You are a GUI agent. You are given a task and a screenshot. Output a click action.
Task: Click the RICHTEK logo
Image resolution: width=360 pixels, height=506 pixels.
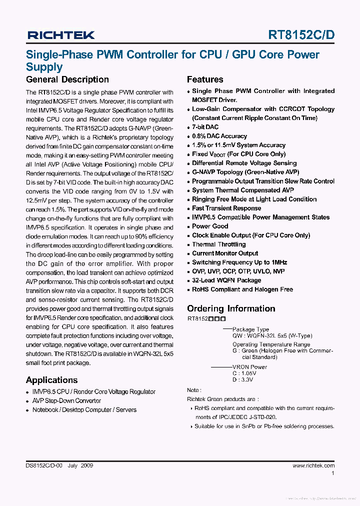coord(60,35)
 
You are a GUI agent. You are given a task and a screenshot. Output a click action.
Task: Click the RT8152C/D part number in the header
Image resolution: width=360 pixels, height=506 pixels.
coord(301,35)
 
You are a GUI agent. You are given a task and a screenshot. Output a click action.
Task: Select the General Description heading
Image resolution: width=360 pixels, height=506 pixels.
coord(67,79)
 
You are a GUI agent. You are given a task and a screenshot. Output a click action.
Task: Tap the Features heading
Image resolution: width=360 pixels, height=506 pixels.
coord(205,79)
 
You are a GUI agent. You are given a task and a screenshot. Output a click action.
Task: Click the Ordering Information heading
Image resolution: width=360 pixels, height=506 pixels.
coord(231,308)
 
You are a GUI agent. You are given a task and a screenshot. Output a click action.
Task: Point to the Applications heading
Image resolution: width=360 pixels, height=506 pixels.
coord(51,380)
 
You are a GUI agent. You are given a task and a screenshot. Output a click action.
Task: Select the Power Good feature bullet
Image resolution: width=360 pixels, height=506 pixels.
coord(210,226)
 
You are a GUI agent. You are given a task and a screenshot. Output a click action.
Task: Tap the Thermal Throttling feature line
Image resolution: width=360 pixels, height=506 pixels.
coord(218,244)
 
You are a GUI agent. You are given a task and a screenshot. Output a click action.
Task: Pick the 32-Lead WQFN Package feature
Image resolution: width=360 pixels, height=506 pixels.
coord(226,280)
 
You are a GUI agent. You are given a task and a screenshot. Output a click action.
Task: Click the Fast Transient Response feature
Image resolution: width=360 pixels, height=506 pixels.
coord(226,208)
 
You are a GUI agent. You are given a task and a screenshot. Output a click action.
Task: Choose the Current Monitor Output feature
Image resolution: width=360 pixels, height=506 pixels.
coord(225,253)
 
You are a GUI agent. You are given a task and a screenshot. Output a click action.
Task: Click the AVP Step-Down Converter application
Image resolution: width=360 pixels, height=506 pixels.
coord(66,401)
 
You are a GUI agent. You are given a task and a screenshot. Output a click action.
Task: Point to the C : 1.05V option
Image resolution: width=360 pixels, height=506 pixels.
coord(244,373)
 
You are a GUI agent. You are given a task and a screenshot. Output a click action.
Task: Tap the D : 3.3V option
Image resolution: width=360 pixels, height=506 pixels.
coord(242,380)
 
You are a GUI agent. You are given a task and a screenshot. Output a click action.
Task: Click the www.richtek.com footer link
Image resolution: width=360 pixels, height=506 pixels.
coord(313,465)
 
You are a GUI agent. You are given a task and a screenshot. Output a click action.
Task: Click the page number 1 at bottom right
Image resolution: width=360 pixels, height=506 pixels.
coord(333,473)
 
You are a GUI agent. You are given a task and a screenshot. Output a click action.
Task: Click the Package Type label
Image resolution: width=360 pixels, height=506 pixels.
coord(250,329)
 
